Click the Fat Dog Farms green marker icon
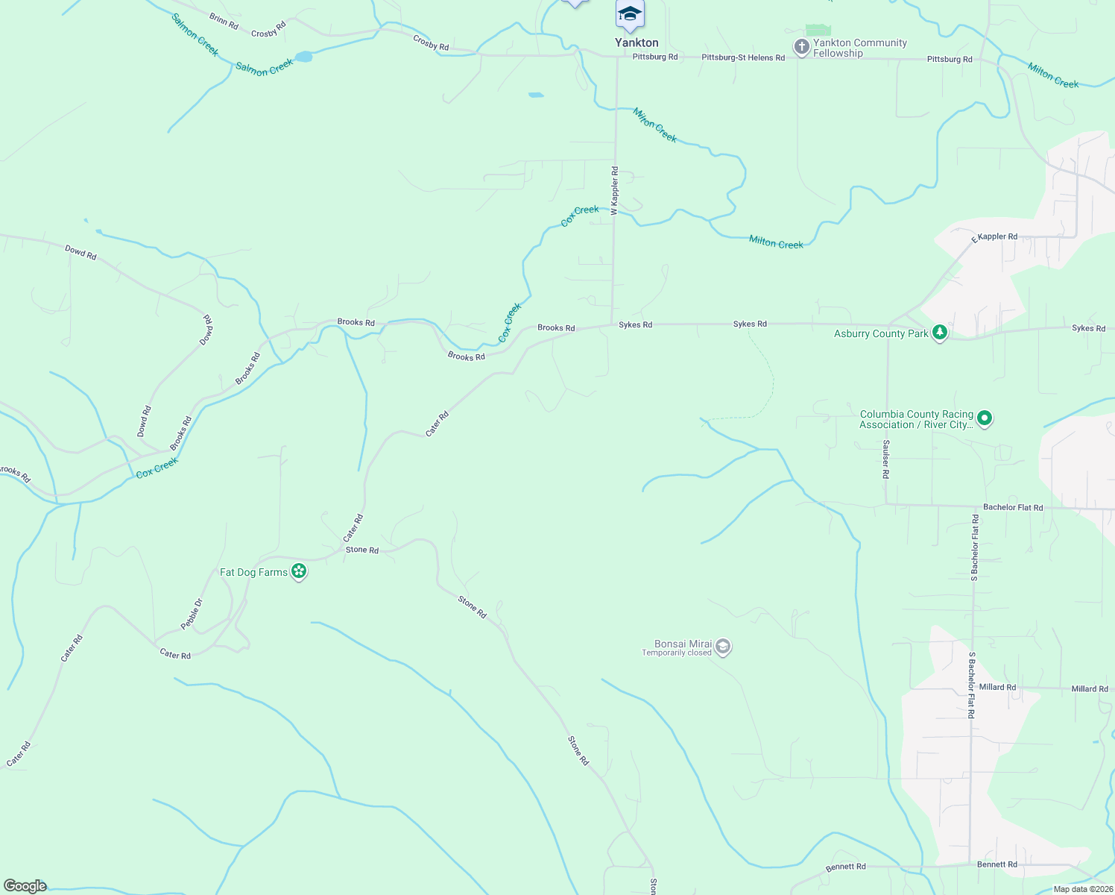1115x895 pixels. click(299, 571)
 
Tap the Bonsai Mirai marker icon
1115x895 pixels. click(722, 647)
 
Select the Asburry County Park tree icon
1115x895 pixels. click(940, 332)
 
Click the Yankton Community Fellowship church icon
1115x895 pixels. click(801, 48)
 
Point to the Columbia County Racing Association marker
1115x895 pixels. click(985, 418)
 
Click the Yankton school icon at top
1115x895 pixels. click(630, 15)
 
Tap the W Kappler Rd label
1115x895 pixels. click(615, 191)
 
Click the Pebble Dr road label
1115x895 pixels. click(192, 614)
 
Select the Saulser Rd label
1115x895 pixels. click(885, 459)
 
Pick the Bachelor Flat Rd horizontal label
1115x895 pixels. click(1012, 507)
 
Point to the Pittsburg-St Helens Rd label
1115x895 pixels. click(742, 57)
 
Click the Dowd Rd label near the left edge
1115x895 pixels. click(80, 253)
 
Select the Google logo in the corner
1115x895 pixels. click(25, 885)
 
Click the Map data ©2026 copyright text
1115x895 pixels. click(1082, 889)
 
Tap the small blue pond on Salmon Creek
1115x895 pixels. click(303, 57)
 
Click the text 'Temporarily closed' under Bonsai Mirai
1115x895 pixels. click(676, 653)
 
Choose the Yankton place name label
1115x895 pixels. click(637, 43)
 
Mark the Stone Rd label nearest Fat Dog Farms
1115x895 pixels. click(362, 550)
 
